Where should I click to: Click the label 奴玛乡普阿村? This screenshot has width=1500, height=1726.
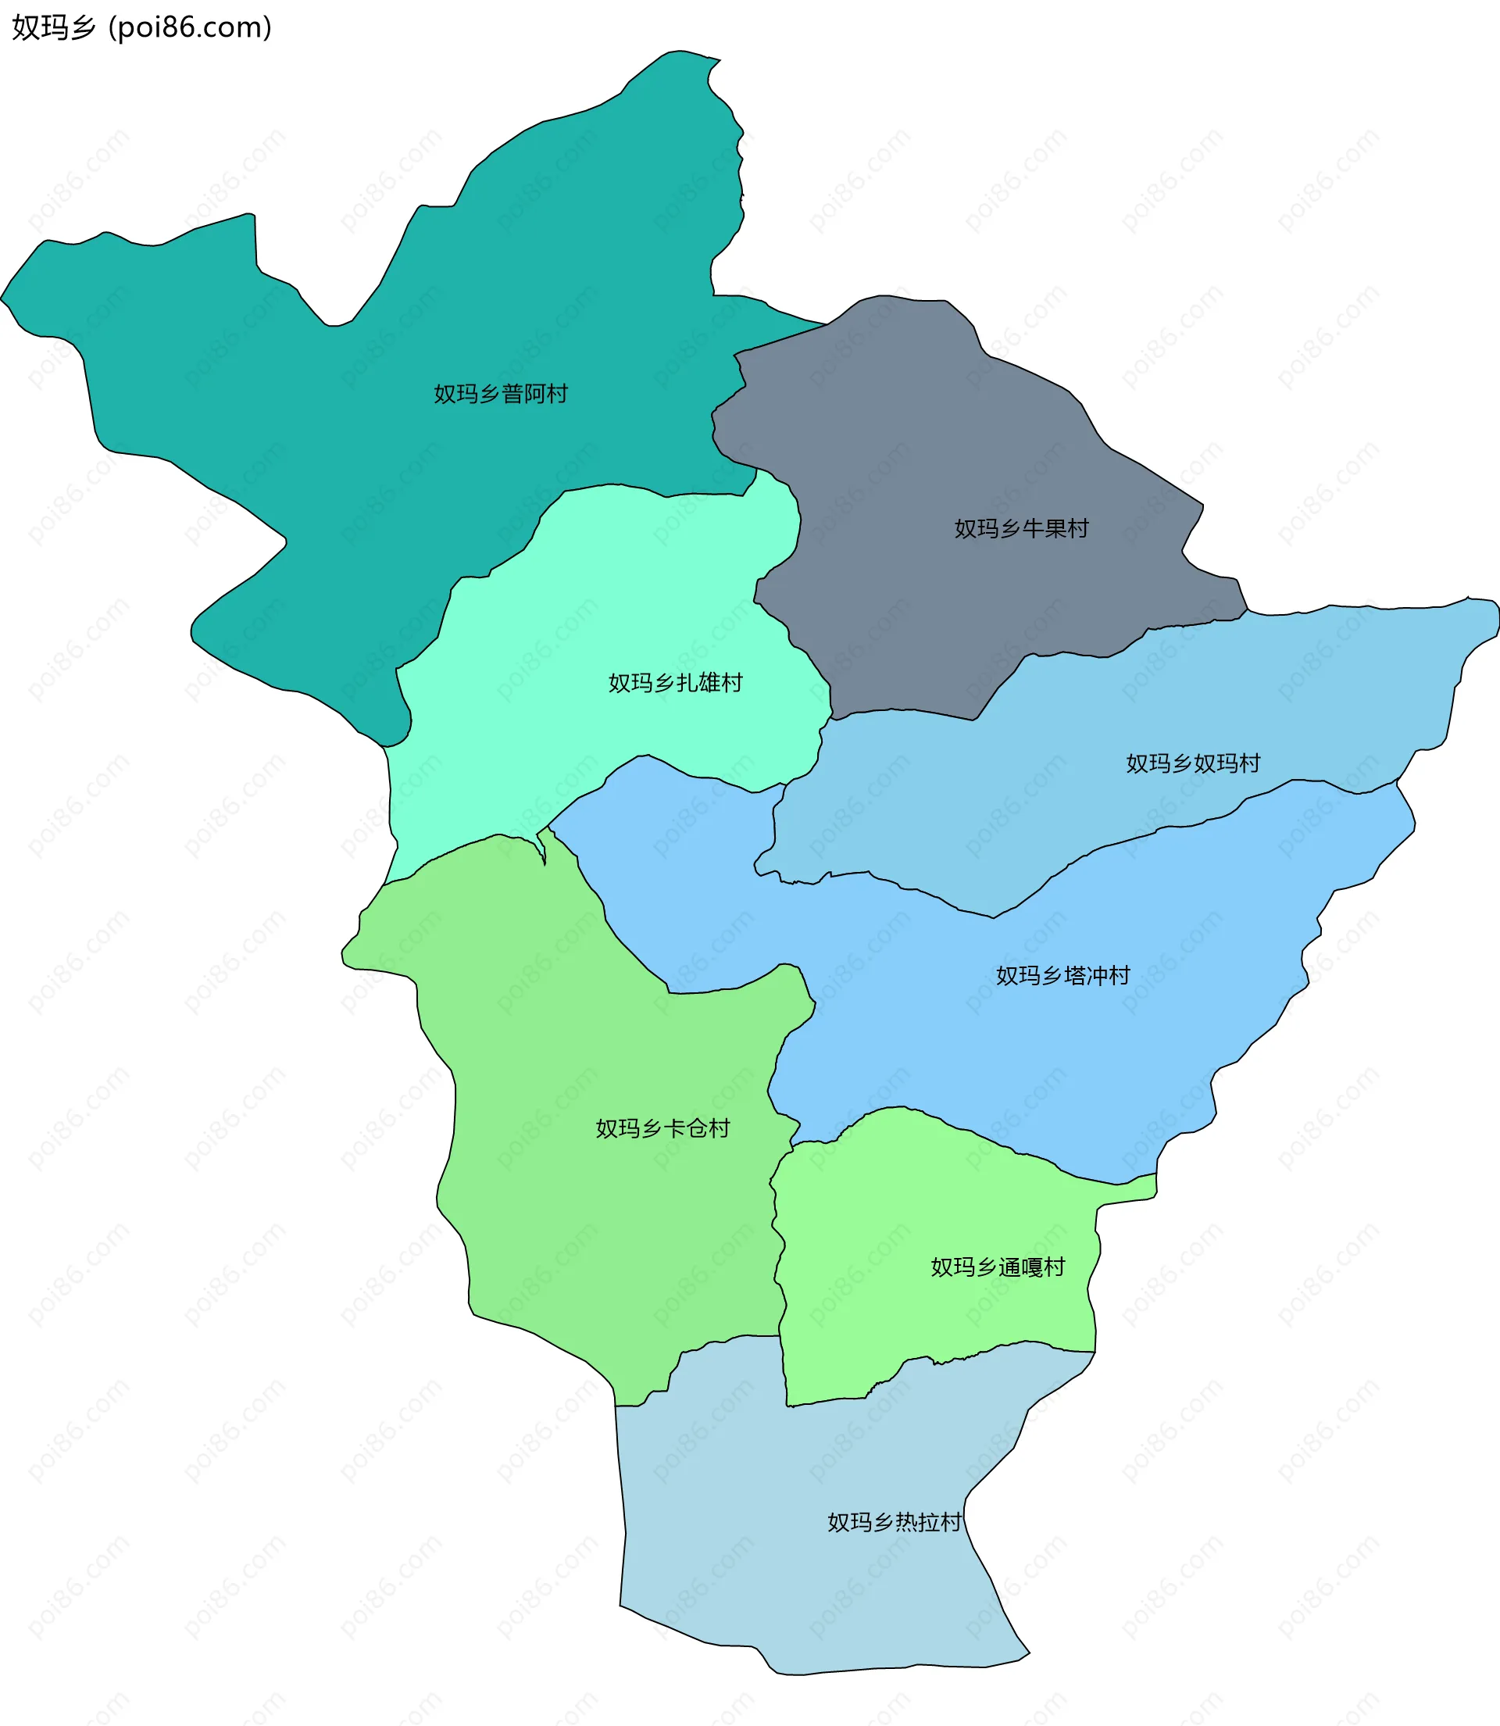coord(501,394)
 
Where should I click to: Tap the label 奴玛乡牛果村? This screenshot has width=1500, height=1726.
coord(1021,528)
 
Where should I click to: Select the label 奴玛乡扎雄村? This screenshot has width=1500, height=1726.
coord(675,683)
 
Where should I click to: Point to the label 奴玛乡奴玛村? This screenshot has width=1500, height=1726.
coord(1193,763)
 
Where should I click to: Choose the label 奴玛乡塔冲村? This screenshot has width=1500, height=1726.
coord(1062,975)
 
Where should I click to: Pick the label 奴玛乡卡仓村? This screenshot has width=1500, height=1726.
coord(662,1128)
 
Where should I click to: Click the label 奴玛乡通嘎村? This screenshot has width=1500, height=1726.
coord(998,1267)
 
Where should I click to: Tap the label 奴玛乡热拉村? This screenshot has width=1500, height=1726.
coord(894,1522)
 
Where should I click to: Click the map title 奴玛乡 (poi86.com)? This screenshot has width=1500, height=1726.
coord(141,27)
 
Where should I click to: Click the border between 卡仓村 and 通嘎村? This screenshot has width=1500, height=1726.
coord(777,1256)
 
